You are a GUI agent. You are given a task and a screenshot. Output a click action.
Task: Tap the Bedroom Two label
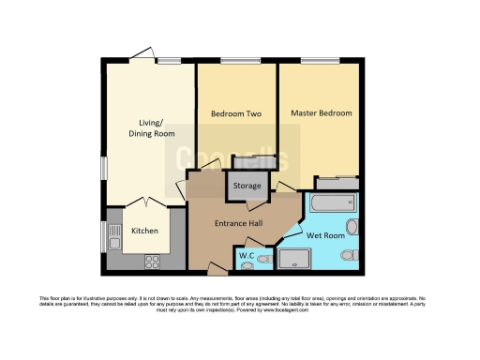pos(235,114)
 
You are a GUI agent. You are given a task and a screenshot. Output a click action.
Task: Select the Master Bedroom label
pos(322,113)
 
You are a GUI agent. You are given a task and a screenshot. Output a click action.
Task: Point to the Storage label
pos(247,187)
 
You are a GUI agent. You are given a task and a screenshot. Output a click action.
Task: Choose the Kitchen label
pos(143,231)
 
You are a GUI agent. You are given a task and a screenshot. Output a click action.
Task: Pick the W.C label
pos(247,255)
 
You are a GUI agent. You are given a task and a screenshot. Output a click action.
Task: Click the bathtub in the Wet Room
pos(334,202)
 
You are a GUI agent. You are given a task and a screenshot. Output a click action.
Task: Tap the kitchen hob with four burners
pos(151,261)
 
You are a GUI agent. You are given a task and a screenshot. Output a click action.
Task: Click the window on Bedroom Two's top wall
pos(240,62)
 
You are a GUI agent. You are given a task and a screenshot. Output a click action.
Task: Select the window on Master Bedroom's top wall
pos(325,62)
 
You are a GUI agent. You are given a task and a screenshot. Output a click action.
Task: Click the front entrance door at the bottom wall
pos(217,270)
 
